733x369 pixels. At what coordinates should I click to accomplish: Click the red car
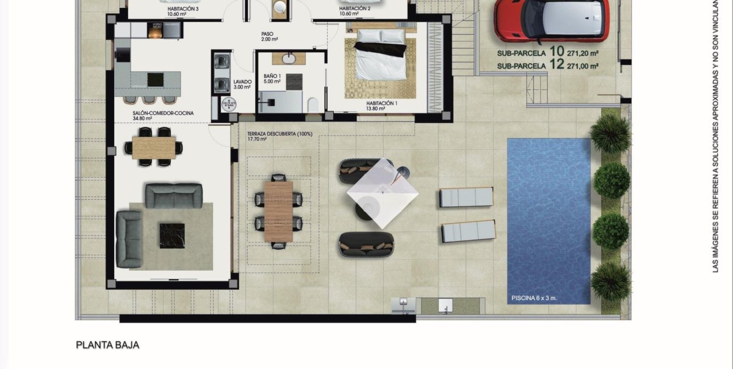pos(551,20)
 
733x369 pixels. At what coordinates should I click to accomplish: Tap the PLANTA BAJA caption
pos(107,345)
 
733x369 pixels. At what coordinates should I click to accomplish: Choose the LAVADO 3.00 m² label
pos(242,85)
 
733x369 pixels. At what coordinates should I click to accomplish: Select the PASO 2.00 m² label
pos(269,36)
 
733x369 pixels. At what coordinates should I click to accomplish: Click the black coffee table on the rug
pos(171,234)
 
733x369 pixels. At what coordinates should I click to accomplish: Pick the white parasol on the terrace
pos(383,193)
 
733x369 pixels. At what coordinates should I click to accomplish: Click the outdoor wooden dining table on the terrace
pos(278,211)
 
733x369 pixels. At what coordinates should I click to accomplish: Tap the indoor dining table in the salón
pos(154,148)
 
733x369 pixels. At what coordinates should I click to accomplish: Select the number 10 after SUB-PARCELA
pos(556,52)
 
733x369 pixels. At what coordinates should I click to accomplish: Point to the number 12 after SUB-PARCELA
pos(556,65)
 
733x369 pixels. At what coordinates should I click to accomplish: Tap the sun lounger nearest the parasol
pos(466,198)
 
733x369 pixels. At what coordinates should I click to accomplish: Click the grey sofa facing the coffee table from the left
pos(129,238)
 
